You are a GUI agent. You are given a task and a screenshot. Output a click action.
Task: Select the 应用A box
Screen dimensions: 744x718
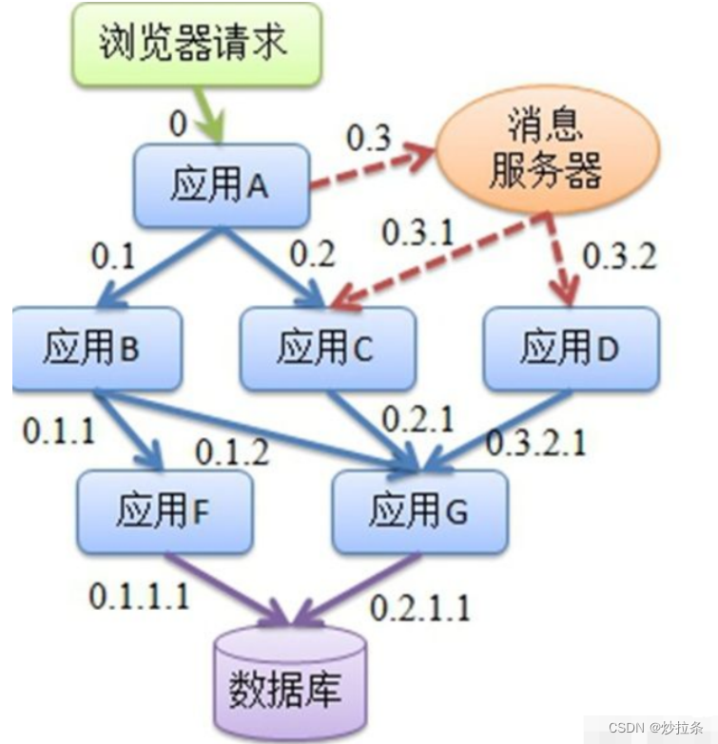coord(221,186)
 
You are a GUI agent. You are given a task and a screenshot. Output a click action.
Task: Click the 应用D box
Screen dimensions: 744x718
coord(570,348)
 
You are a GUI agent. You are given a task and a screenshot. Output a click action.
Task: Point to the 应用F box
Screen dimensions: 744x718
coord(164,511)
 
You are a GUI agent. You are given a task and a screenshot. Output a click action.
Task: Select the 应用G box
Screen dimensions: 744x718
coord(419,511)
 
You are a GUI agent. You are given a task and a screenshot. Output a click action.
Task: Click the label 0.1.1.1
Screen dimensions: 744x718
coord(139,596)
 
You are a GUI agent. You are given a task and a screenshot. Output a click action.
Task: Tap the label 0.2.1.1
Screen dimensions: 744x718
coord(419,606)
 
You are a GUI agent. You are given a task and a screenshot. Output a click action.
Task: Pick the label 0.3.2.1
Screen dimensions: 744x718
coord(537,441)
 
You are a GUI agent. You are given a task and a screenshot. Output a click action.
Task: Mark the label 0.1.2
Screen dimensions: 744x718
coord(230,452)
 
